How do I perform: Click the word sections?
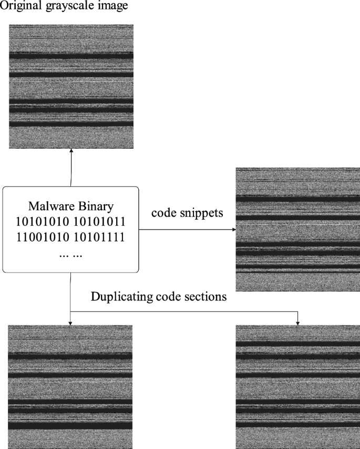pyautogui.click(x=208, y=297)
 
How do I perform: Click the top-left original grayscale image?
pyautogui.click(x=71, y=86)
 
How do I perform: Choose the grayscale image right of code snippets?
pyautogui.click(x=298, y=229)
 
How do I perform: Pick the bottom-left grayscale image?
pyautogui.click(x=71, y=387)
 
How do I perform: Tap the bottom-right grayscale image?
pyautogui.click(x=298, y=387)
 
